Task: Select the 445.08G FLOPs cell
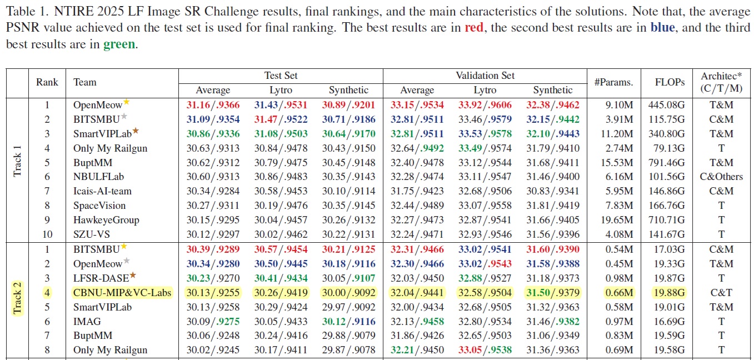point(666,104)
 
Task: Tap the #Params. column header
point(613,82)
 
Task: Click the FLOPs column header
point(666,82)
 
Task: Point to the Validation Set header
point(485,76)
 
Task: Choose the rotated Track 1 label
point(17,162)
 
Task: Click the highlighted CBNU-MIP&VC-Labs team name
point(122,292)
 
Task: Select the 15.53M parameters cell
point(614,162)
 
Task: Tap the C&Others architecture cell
point(721,177)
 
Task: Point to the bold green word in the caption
point(119,44)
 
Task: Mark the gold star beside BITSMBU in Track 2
point(124,247)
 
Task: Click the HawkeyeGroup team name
point(106,220)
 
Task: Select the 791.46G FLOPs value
point(666,162)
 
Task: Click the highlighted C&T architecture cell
point(721,292)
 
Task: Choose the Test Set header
point(281,76)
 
